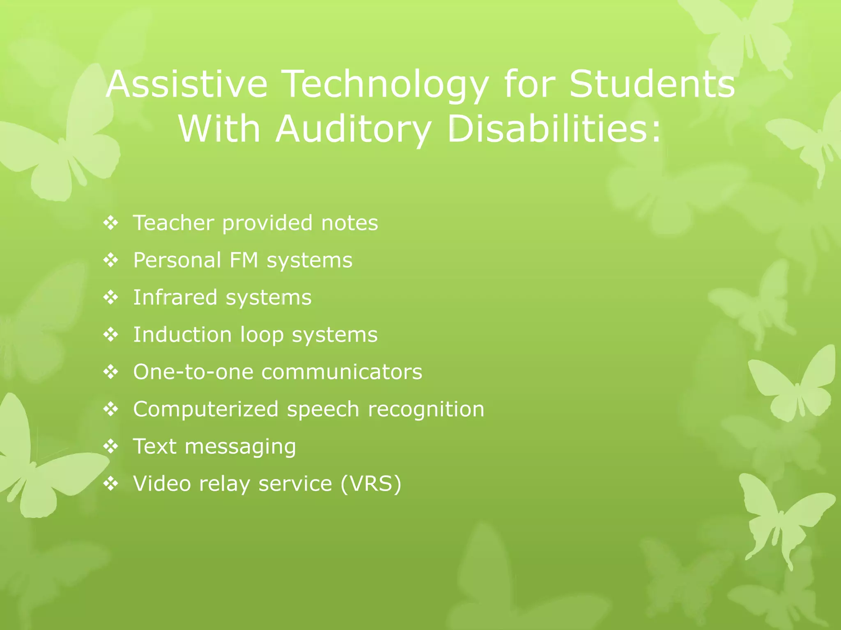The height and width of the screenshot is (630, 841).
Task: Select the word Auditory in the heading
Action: pos(354,129)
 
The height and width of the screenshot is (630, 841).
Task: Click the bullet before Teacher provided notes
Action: pos(111,223)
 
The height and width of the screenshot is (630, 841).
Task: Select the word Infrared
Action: pos(175,297)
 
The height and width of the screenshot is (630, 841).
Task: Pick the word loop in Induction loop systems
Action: pos(262,335)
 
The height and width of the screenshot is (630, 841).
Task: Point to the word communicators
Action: pos(342,372)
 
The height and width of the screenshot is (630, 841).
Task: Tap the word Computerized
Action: pos(206,409)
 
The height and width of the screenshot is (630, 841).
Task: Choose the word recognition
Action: pos(426,409)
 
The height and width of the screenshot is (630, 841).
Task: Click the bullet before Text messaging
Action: pos(111,447)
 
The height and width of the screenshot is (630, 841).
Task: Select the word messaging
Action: pos(240,447)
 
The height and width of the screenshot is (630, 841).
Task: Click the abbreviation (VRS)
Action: pos(371,484)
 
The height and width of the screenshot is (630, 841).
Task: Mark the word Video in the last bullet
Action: pos(162,484)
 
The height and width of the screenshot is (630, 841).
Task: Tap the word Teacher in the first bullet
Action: pos(173,223)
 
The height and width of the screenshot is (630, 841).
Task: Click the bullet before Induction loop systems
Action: pos(111,335)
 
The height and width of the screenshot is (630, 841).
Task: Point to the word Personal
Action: pos(177,260)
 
